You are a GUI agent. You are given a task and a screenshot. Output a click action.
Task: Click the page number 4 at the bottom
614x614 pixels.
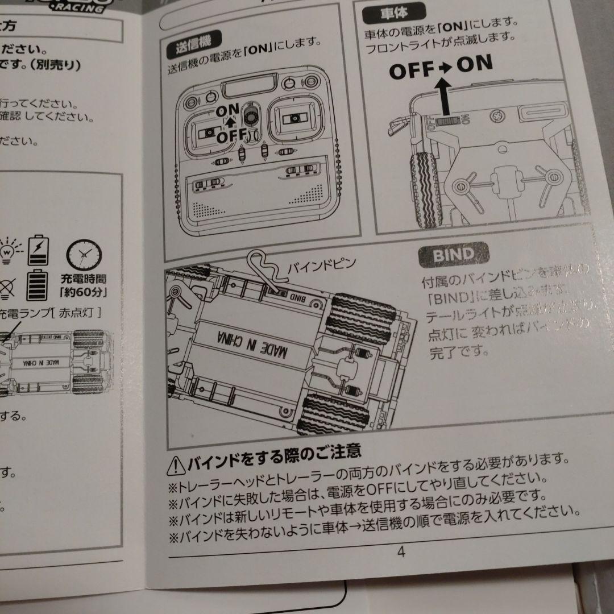tap(401, 552)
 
